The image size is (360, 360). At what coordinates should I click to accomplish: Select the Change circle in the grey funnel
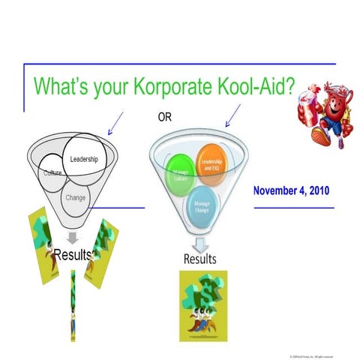(x=76, y=198)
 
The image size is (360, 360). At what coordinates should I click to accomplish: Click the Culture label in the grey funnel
(x=52, y=173)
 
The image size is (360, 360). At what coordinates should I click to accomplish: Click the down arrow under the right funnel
(x=200, y=244)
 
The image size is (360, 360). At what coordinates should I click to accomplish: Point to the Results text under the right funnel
(x=200, y=259)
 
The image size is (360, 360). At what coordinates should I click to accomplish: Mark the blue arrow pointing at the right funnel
(x=232, y=115)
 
